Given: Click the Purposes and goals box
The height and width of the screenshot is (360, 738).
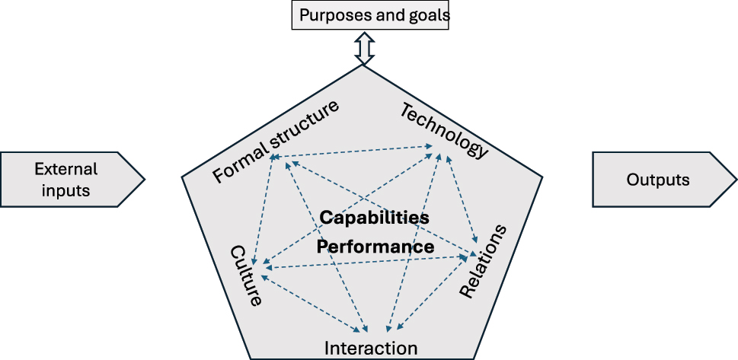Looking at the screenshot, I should click(370, 15).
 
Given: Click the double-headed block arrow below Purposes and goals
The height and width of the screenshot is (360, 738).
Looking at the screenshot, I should click(364, 48).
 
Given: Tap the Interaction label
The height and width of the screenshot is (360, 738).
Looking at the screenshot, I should click(371, 349).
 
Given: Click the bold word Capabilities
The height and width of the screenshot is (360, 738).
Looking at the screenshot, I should click(374, 218).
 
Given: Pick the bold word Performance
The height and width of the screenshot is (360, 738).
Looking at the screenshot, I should click(375, 247).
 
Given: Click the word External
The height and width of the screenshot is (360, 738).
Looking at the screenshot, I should click(66, 169).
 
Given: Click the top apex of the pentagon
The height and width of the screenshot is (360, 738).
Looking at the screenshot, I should click(364, 65).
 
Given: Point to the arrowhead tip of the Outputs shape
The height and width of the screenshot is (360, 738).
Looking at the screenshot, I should click(736, 180).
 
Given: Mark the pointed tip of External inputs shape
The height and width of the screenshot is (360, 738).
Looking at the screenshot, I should click(144, 180).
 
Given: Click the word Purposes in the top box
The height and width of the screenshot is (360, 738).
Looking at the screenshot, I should click(333, 15).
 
